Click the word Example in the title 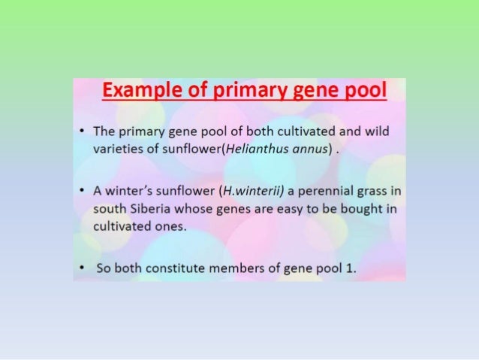136,92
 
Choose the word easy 281,207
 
